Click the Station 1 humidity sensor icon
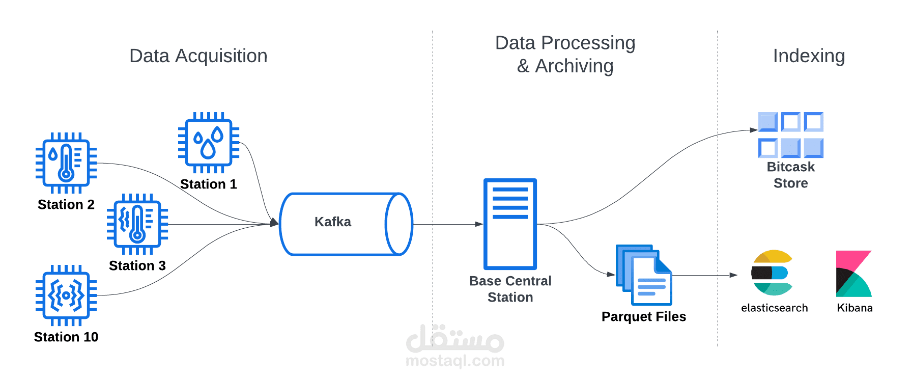tap(209, 143)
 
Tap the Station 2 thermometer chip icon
tap(66, 163)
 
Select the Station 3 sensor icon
tap(137, 224)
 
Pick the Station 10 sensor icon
tap(66, 295)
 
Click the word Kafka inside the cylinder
tap(333, 222)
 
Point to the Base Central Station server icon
tap(510, 224)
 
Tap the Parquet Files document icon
tap(644, 275)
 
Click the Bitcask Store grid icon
tap(790, 135)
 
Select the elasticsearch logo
tap(772, 273)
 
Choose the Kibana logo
tap(853, 274)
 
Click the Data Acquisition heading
tap(198, 56)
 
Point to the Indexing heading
tap(809, 56)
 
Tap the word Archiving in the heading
tap(574, 66)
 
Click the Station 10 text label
tap(66, 337)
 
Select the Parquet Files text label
tap(644, 317)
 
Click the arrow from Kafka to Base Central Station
tap(448, 224)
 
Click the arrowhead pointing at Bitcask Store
tap(754, 130)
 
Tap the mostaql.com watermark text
tap(455, 361)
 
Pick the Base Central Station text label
tap(510, 289)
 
